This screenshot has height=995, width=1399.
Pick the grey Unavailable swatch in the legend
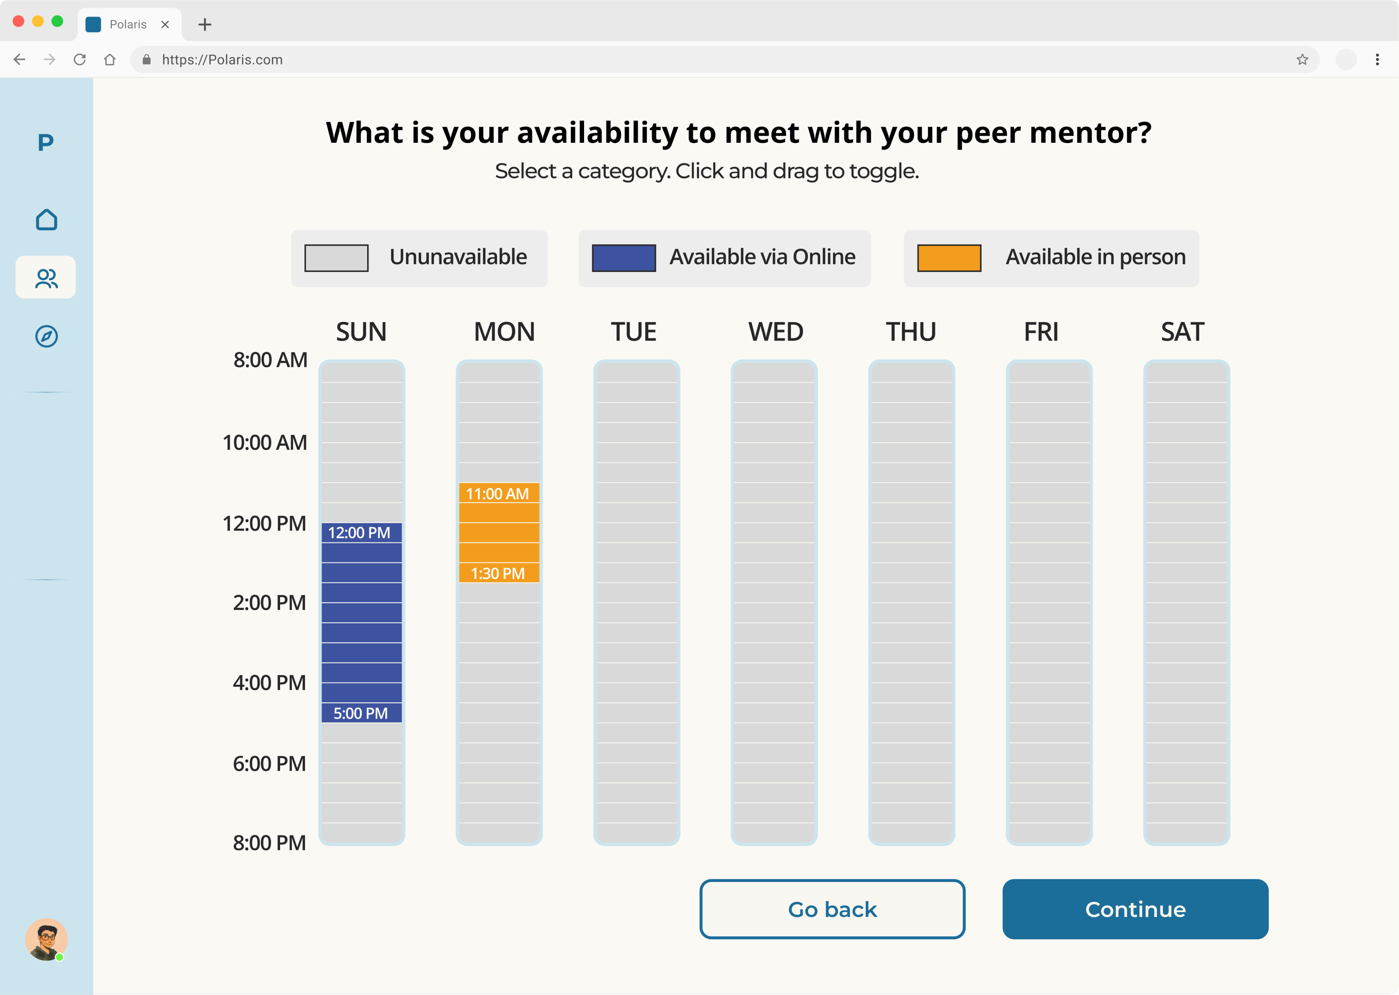[336, 258]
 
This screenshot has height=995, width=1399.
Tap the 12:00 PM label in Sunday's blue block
[360, 533]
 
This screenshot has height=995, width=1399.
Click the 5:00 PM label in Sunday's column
[361, 713]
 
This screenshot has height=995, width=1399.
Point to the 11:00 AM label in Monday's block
[497, 494]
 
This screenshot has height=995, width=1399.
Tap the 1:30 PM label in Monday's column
[497, 573]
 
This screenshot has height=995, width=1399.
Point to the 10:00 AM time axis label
[265, 442]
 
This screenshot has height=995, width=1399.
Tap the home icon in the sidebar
[46, 220]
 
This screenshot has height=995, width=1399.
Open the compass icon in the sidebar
[46, 336]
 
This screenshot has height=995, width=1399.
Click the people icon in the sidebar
[46, 278]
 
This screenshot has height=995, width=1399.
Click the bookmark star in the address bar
[1302, 59]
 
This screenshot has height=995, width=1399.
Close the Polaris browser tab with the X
[165, 25]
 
